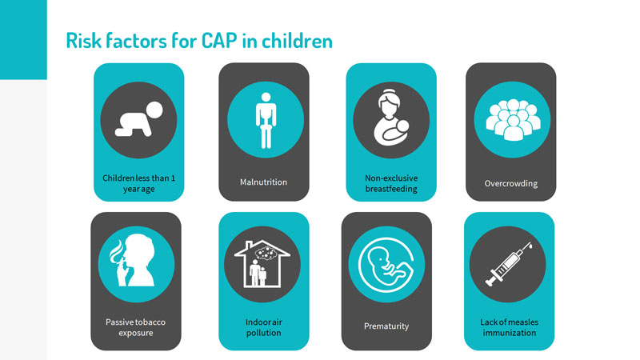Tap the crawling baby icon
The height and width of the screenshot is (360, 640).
point(138,119)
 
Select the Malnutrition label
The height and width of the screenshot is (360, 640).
point(264,182)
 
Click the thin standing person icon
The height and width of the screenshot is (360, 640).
point(266,121)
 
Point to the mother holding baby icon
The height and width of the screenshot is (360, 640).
point(391,118)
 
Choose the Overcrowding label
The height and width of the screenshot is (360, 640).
point(511,184)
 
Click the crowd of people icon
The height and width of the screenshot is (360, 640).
point(513,119)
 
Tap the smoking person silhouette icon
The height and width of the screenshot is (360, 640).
point(132,260)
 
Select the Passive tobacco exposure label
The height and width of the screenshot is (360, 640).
point(135,327)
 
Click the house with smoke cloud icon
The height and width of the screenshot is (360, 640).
point(262,264)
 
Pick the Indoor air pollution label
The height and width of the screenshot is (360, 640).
point(264,327)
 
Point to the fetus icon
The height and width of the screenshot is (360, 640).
point(386,264)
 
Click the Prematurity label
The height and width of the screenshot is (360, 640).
point(386,326)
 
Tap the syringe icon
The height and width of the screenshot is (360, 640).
point(508,264)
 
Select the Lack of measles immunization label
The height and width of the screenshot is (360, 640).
point(510,327)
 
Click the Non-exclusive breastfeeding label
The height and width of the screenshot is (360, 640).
point(391,183)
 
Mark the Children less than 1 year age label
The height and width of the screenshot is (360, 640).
point(138,183)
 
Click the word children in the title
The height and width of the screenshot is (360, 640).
point(297,41)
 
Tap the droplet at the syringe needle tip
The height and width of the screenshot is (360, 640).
point(530,246)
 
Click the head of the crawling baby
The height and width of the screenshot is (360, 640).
point(154,110)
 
